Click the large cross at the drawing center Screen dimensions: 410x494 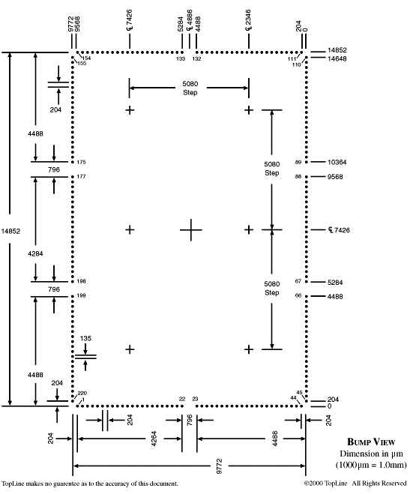pyautogui.click(x=191, y=230)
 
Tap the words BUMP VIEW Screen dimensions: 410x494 pyautogui.click(x=371, y=442)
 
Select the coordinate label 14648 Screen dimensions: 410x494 pyautogui.click(x=337, y=58)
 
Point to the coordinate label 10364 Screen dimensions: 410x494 pyautogui.click(x=337, y=162)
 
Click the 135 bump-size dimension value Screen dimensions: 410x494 pyautogui.click(x=85, y=338)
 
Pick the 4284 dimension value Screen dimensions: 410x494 pyautogui.click(x=35, y=253)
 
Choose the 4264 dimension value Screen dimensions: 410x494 pyautogui.click(x=154, y=439)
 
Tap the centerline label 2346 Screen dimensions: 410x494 pyautogui.click(x=248, y=20)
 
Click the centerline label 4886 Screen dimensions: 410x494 pyautogui.click(x=189, y=20)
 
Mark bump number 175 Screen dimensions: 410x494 pyautogui.click(x=81, y=162)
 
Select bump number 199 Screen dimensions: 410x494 pyautogui.click(x=81, y=295)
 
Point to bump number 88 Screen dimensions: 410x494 pyautogui.click(x=298, y=176)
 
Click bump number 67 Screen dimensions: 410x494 pyautogui.click(x=298, y=281)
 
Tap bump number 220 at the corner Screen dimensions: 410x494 pyautogui.click(x=82, y=394)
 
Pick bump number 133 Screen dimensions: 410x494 pyautogui.click(x=181, y=59)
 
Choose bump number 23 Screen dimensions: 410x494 pyautogui.click(x=195, y=399)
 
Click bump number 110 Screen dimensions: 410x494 pyautogui.click(x=297, y=64)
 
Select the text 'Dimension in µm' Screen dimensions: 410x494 pyautogui.click(x=371, y=454)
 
